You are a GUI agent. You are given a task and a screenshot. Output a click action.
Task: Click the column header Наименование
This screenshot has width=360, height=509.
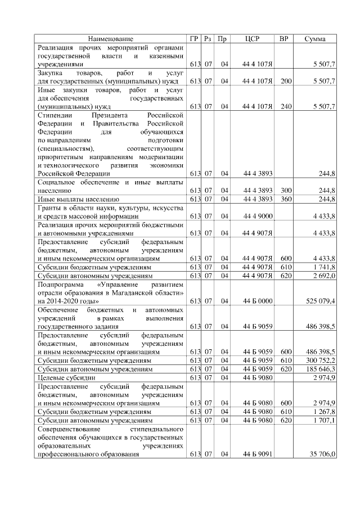click(x=111, y=39)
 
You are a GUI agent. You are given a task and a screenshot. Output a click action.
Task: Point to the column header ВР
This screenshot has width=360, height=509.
click(x=286, y=39)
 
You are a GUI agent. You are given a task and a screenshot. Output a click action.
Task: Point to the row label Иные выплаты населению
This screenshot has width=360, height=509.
click(x=78, y=199)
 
